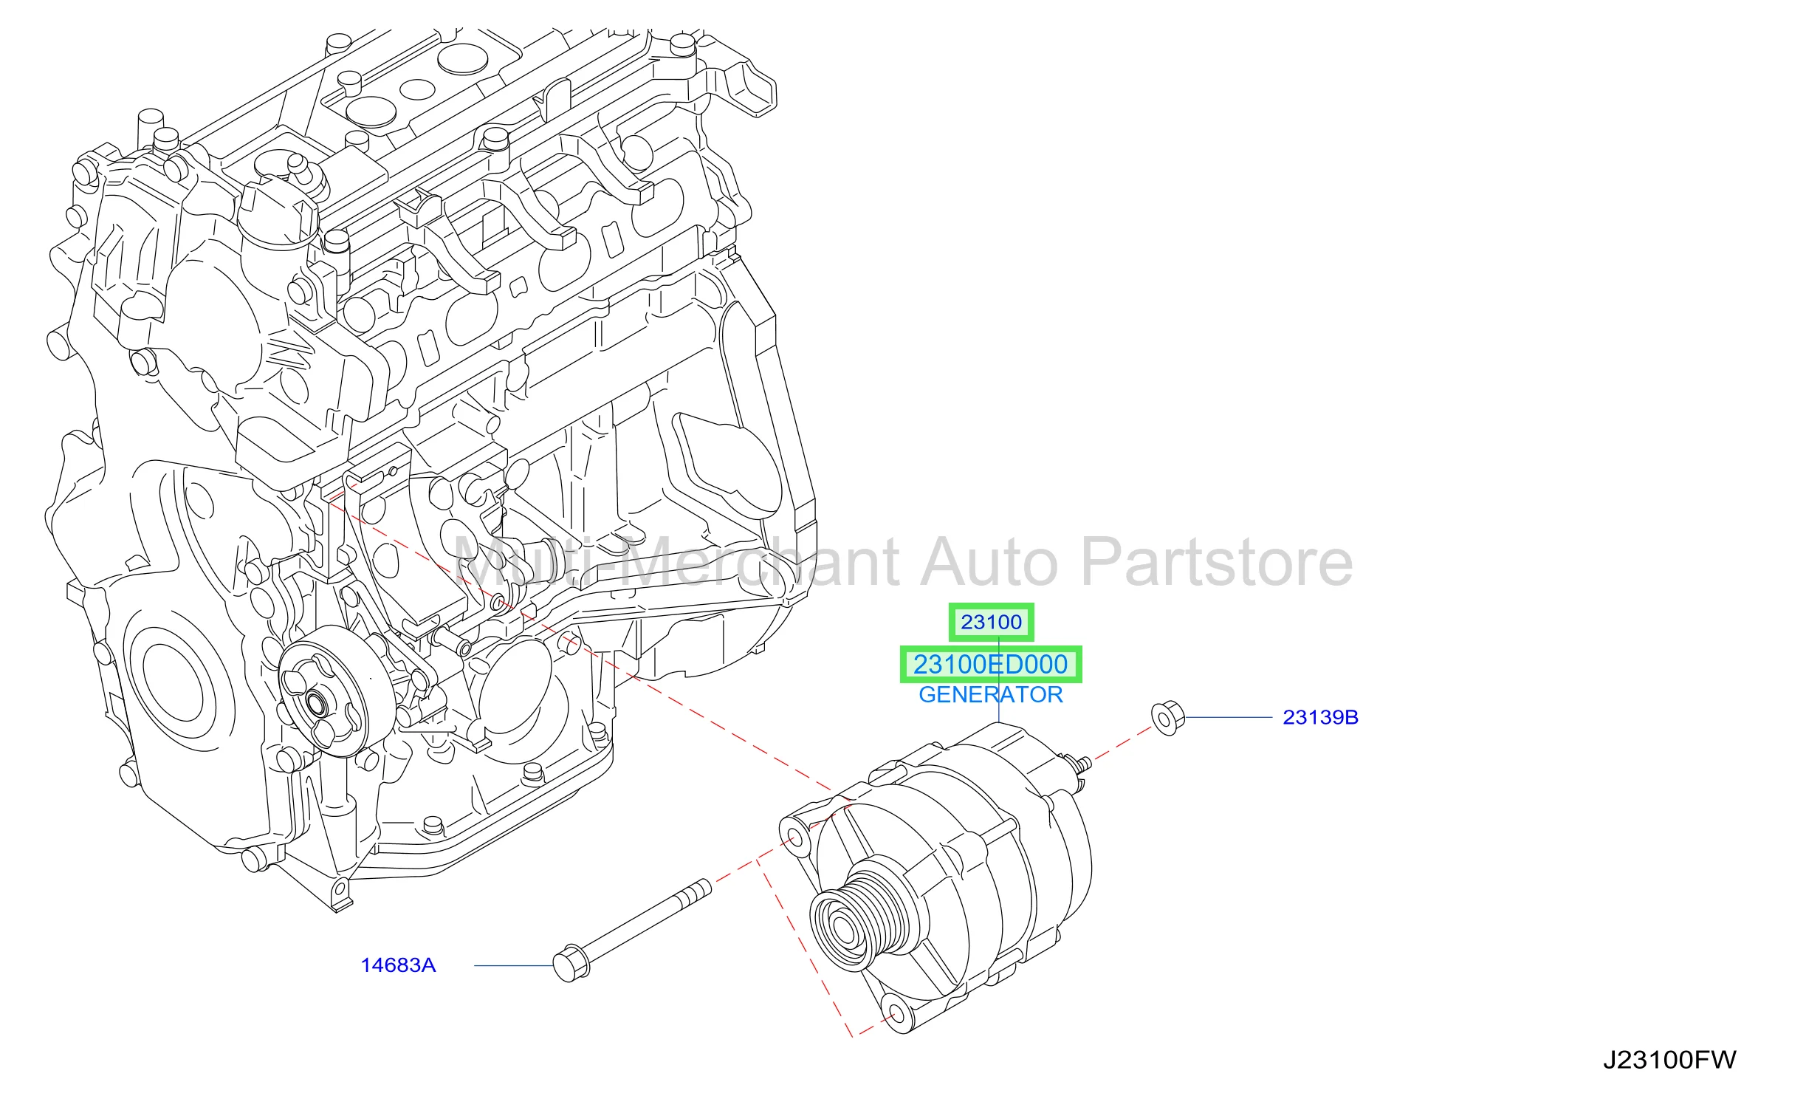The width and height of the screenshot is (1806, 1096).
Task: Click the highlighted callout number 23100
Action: point(991,622)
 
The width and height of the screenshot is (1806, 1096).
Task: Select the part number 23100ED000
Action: point(990,664)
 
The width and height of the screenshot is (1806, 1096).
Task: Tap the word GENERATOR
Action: point(990,694)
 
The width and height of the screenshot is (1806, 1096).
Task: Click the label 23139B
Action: point(1320,717)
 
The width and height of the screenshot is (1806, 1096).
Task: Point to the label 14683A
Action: point(398,965)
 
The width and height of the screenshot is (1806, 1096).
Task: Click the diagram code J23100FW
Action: point(1669,1060)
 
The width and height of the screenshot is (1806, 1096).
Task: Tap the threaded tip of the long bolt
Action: point(699,888)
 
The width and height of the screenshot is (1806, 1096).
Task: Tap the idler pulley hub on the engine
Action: point(317,704)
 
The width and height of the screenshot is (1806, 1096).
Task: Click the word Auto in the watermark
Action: point(989,563)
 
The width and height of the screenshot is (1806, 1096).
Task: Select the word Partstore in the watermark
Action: point(1217,563)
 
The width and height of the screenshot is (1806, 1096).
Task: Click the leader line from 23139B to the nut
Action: point(1229,717)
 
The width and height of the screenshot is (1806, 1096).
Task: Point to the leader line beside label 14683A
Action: point(514,965)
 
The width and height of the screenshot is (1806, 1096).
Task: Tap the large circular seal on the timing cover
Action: point(174,683)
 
